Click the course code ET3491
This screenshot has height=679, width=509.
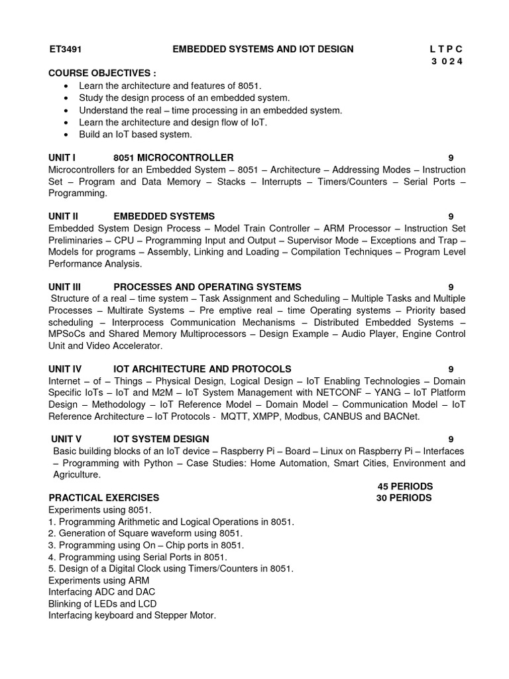coord(65,49)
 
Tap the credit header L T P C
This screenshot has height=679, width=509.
coord(447,49)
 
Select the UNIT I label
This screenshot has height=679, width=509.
coord(62,158)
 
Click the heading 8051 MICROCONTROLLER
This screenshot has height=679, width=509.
coord(173,158)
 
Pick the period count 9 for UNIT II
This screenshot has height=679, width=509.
coord(451,216)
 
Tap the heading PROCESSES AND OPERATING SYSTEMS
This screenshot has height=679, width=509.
coord(207,287)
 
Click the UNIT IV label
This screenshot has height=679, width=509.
coord(64,369)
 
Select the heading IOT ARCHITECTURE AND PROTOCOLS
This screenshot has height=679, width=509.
coord(202,369)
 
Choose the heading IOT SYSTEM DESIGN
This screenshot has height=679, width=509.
coord(161,439)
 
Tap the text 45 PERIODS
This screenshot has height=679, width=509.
coord(405,486)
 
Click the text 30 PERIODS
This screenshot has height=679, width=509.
coord(404,497)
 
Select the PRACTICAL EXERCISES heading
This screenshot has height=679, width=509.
coord(103,497)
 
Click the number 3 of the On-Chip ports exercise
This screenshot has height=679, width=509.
coord(51,545)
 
